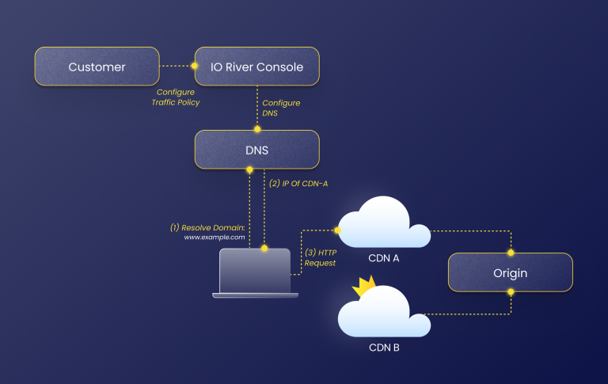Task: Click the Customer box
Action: [97, 67]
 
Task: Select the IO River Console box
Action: [256, 67]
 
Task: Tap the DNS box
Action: [256, 150]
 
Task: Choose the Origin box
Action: [511, 272]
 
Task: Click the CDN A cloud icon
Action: [383, 224]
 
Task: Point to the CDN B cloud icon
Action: [384, 313]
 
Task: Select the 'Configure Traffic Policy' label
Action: [178, 97]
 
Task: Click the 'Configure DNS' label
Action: [281, 108]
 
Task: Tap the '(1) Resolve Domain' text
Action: [208, 227]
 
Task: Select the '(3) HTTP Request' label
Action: [321, 257]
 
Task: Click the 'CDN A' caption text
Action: [384, 259]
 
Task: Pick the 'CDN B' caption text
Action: [384, 347]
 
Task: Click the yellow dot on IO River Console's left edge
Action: [195, 67]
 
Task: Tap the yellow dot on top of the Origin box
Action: [511, 253]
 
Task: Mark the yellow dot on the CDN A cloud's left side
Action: [337, 230]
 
